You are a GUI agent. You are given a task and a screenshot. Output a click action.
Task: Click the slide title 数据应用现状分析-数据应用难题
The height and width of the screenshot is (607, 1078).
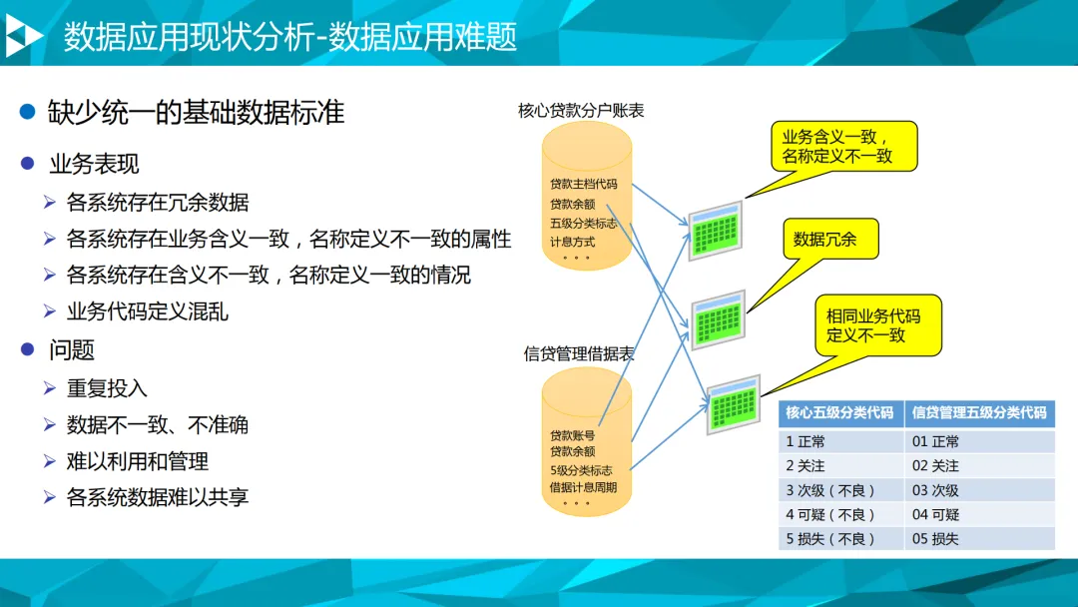pyautogui.click(x=290, y=37)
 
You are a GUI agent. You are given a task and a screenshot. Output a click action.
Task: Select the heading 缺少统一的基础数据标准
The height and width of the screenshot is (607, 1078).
pyautogui.click(x=196, y=113)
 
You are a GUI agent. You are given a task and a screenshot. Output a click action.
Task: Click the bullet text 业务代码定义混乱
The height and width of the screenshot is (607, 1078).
pyautogui.click(x=148, y=311)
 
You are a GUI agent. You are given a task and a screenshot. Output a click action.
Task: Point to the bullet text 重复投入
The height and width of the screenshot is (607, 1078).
pyautogui.click(x=107, y=387)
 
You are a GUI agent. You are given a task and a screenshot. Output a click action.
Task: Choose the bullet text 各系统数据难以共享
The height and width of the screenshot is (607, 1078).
pyautogui.click(x=158, y=497)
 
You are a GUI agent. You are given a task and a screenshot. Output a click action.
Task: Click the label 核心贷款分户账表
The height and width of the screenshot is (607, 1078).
pyautogui.click(x=581, y=110)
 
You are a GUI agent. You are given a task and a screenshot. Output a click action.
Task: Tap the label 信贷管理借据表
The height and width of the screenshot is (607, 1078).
pyautogui.click(x=579, y=353)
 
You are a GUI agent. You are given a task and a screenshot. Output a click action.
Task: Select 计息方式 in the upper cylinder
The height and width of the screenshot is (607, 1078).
pyautogui.click(x=572, y=242)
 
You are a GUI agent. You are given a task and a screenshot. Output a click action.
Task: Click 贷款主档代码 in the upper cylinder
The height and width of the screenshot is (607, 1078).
pyautogui.click(x=584, y=185)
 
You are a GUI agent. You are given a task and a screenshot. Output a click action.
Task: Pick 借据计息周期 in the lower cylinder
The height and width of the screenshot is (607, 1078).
pyautogui.click(x=584, y=487)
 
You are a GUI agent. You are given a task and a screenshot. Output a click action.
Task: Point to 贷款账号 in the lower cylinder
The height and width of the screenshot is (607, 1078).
pyautogui.click(x=572, y=435)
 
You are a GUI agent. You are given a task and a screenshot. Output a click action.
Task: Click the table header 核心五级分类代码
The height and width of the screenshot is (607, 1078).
pyautogui.click(x=839, y=413)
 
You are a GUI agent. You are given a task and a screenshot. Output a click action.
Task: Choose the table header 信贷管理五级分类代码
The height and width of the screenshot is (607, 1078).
pyautogui.click(x=979, y=413)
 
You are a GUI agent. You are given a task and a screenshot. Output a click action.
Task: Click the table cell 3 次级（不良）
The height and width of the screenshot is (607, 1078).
pyautogui.click(x=830, y=490)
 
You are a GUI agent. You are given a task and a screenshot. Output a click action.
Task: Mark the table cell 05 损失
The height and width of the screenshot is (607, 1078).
pyautogui.click(x=935, y=539)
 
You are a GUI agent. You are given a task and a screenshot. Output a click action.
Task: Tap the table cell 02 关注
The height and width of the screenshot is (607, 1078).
pyautogui.click(x=935, y=466)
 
